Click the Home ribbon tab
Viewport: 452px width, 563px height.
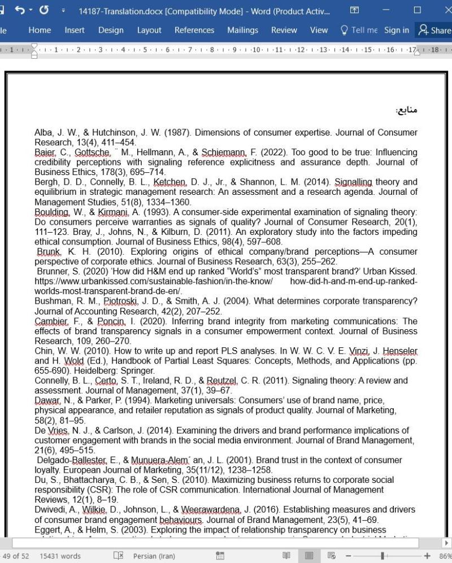pos(40,30)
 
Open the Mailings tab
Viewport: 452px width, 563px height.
pos(242,30)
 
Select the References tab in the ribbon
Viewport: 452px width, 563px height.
pos(194,30)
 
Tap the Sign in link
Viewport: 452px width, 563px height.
pos(396,30)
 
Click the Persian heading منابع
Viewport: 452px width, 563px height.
pos(407,110)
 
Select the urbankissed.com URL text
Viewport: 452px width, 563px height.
pos(153,281)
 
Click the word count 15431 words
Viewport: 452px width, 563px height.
pos(60,556)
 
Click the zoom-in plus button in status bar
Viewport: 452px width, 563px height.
pos(427,556)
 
